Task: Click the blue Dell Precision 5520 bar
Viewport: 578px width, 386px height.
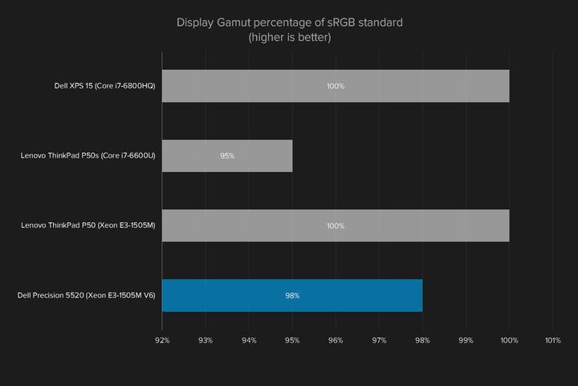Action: (x=292, y=295)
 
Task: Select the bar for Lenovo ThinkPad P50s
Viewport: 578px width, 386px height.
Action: (x=227, y=156)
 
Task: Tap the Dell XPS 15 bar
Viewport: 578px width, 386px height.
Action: (x=336, y=86)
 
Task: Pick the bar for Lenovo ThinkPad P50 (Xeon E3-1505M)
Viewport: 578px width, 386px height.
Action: (x=336, y=226)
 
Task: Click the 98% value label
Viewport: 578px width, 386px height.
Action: (x=292, y=296)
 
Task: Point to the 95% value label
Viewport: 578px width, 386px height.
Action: (x=227, y=156)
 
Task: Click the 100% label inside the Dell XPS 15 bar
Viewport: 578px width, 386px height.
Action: (x=336, y=86)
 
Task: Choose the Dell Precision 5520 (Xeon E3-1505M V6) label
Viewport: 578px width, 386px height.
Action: (x=86, y=296)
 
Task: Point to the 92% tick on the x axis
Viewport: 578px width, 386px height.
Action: (x=162, y=340)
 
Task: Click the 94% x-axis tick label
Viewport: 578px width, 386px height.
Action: (x=249, y=340)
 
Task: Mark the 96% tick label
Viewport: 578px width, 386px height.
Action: (x=336, y=340)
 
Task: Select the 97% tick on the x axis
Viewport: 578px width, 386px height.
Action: (x=379, y=340)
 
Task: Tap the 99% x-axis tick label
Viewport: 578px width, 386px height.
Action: (x=466, y=340)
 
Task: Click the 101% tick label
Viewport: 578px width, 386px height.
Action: (x=552, y=340)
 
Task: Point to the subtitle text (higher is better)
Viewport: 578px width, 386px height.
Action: (x=289, y=37)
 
